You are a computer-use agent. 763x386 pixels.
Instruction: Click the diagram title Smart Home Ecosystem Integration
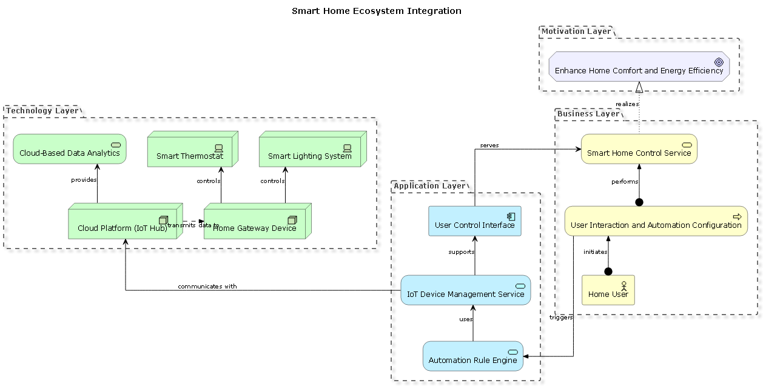coord(376,11)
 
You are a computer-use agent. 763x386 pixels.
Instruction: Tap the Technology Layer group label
coord(42,110)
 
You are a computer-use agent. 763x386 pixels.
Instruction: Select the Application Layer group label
coord(429,186)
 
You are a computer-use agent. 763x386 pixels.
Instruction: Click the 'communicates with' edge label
coord(207,286)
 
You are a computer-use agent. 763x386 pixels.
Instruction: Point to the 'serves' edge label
coord(489,145)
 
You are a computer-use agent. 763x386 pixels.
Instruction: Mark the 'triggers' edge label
coord(560,317)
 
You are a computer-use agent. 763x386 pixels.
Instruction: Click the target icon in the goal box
coord(719,62)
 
